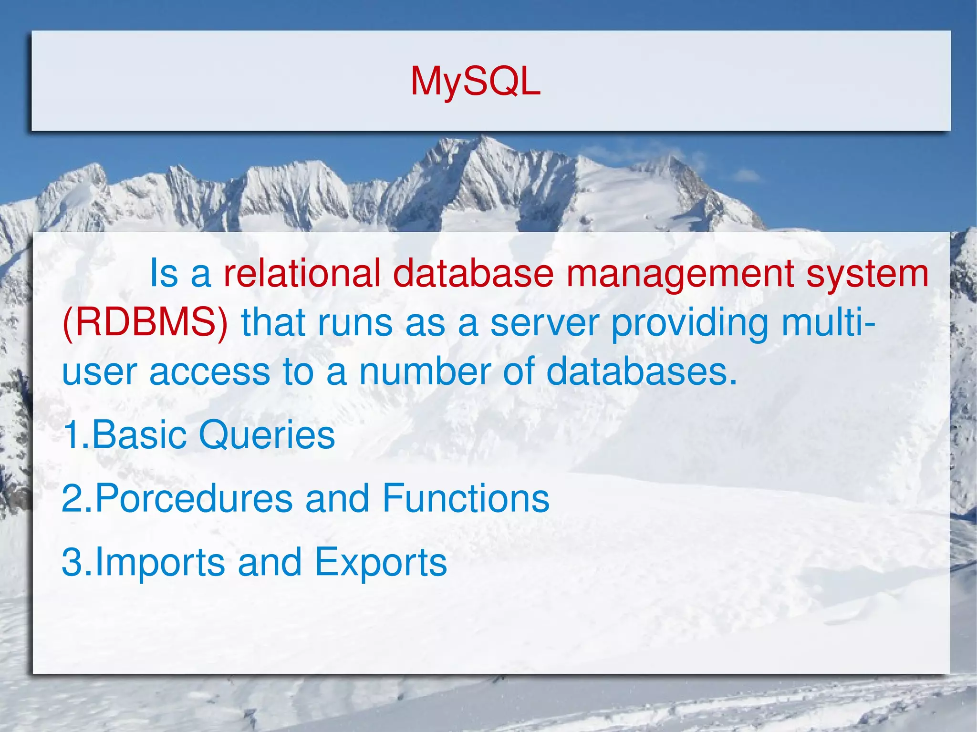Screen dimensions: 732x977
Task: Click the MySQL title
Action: click(x=475, y=82)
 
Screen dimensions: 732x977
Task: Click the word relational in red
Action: click(x=302, y=273)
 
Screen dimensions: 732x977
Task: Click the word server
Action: click(x=544, y=323)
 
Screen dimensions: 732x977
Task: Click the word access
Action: click(x=210, y=372)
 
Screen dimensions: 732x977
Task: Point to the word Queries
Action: click(x=267, y=435)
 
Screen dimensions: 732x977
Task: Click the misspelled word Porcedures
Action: click(x=194, y=498)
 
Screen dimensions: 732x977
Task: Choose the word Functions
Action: click(x=466, y=498)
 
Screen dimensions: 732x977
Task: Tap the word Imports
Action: click(x=160, y=563)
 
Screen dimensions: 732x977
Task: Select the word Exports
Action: click(x=381, y=563)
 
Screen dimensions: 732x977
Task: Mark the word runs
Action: click(x=355, y=323)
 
